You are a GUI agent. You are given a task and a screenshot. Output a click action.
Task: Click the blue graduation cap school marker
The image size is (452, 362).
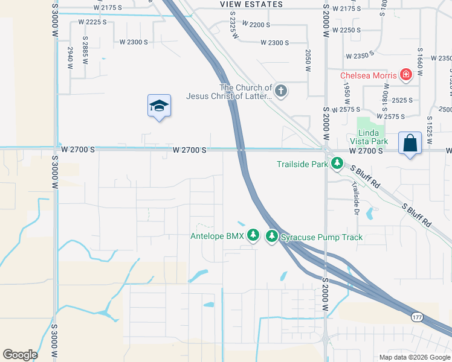(159, 106)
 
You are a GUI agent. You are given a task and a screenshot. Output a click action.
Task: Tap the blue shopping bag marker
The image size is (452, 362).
(410, 144)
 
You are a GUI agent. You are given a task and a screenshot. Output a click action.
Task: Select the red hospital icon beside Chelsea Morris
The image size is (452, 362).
(405, 75)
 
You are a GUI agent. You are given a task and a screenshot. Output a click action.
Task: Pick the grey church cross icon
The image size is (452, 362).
(280, 91)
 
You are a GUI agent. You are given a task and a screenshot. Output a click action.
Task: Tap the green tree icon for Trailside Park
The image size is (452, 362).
(337, 164)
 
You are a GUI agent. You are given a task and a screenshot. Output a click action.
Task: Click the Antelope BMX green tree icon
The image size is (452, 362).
(253, 236)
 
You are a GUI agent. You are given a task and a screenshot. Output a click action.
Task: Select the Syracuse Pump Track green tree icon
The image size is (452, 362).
(272, 236)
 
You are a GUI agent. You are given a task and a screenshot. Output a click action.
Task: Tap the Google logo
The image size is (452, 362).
(20, 355)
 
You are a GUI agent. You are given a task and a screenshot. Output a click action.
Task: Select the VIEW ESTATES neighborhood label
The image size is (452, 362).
(251, 4)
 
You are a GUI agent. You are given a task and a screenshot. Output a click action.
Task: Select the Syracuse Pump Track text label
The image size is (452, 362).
(321, 237)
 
